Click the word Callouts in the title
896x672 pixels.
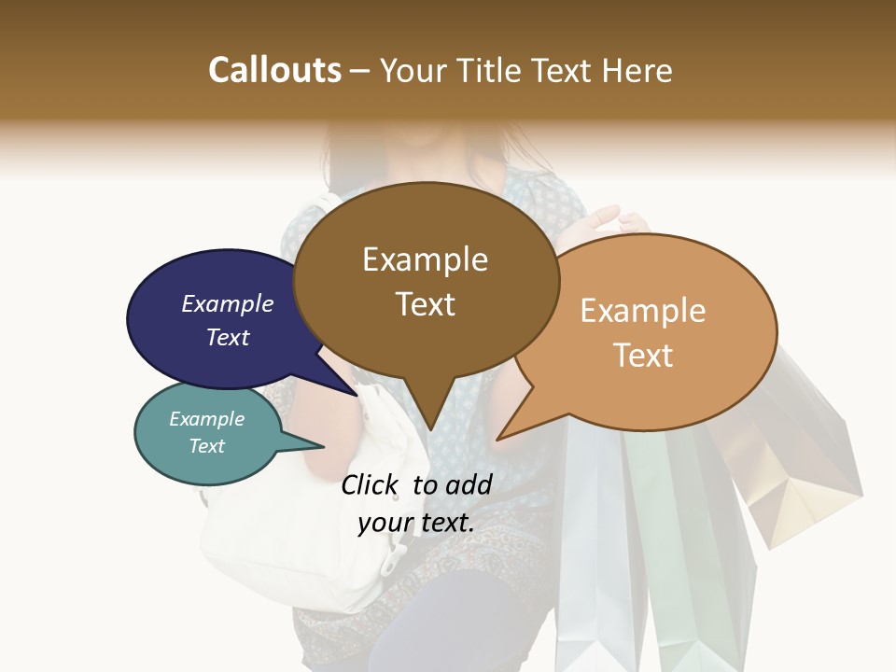coord(274,70)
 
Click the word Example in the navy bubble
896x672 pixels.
coord(228,304)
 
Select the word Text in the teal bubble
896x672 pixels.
coord(207,446)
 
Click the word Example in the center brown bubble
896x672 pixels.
coord(425,259)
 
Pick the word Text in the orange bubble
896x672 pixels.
coord(644,356)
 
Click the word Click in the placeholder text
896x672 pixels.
coord(372,484)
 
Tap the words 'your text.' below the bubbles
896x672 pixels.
coord(416,524)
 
